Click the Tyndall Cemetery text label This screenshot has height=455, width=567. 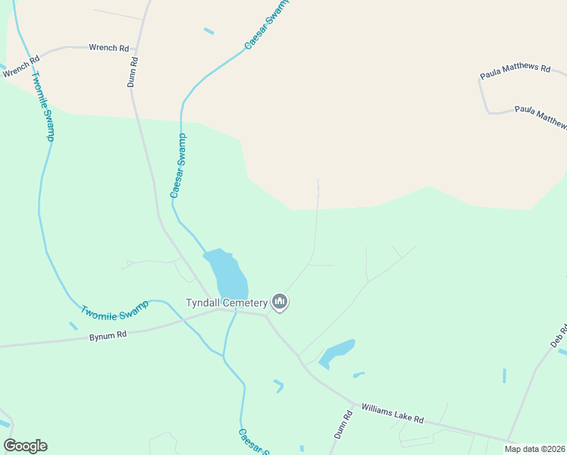pos(227,303)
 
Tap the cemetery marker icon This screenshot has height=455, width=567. pos(280,303)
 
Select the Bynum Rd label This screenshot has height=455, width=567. pos(108,334)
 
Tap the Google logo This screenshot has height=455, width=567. pos(25,446)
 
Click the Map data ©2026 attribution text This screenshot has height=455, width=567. pos(534,449)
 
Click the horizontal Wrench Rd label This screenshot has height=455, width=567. pos(103,48)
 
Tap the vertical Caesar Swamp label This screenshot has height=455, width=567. pos(178,166)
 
